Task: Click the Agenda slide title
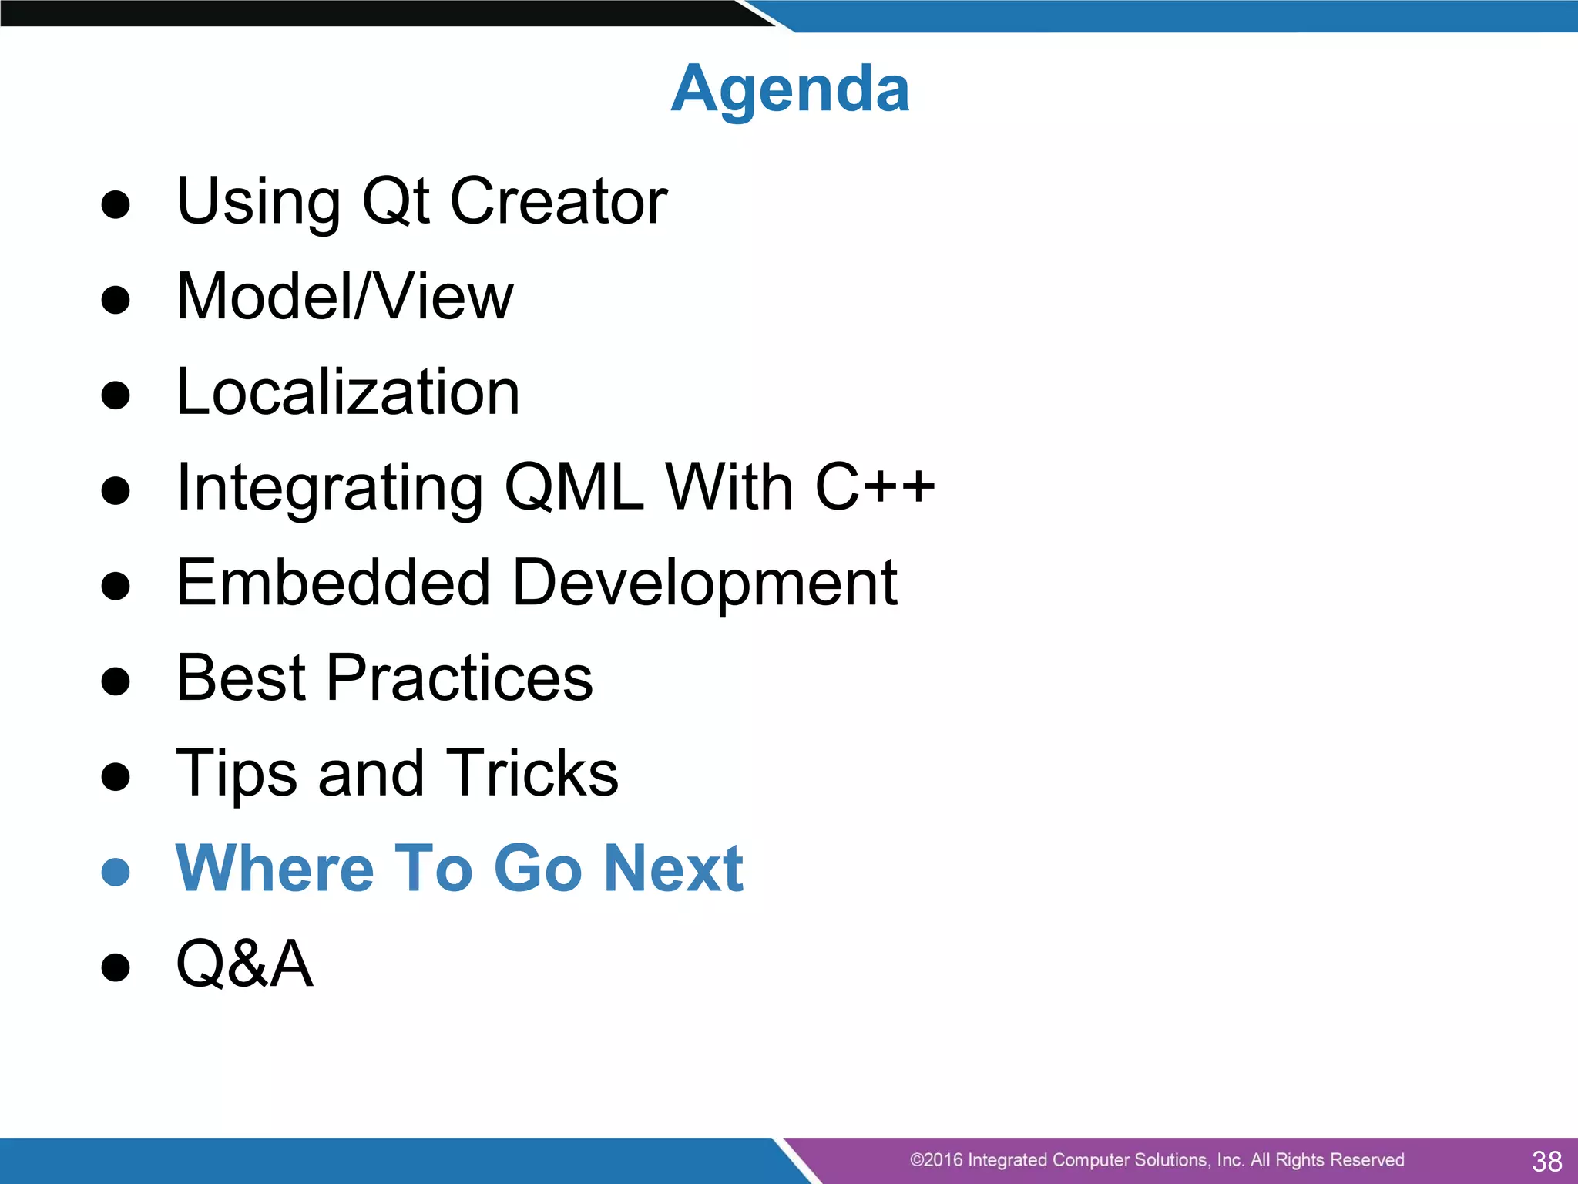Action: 790,89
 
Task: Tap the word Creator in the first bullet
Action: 558,201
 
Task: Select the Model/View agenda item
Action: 344,297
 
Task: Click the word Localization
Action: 347,392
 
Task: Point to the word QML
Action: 574,487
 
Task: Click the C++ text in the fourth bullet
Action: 875,487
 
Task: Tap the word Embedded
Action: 333,583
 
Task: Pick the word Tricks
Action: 532,773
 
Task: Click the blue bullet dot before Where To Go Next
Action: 116,872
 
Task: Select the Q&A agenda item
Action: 244,964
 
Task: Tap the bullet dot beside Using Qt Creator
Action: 116,205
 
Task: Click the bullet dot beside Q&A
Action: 116,967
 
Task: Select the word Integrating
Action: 329,489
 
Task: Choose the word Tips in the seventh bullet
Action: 237,773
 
